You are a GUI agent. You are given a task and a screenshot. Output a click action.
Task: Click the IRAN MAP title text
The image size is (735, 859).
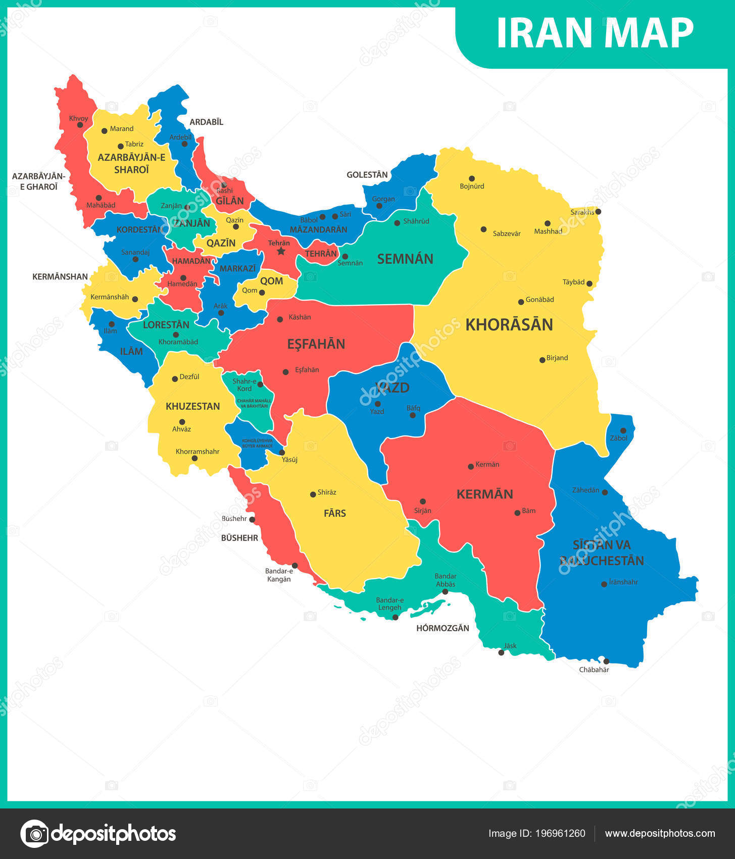595,33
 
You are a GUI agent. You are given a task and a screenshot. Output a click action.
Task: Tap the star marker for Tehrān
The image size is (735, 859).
281,251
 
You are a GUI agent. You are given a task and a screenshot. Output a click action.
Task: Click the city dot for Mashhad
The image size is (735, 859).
548,223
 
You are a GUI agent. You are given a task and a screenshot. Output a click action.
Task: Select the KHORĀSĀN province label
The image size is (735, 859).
509,325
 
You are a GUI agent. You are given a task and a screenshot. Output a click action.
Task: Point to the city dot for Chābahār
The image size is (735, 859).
606,661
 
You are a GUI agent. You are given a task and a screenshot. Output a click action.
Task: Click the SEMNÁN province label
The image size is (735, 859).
405,259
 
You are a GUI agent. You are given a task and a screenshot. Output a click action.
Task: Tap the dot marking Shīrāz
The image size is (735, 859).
313,494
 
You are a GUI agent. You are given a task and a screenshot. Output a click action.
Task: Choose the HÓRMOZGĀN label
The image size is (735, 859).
443,628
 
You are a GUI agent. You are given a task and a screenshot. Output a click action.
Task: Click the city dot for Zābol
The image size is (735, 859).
623,431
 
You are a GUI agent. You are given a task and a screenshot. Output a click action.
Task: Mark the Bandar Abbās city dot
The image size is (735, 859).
445,592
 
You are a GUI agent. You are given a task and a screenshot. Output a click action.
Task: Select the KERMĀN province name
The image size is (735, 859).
484,494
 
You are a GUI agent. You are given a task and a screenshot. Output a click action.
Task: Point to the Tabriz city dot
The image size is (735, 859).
121,147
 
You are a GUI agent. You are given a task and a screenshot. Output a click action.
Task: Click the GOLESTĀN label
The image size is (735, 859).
367,175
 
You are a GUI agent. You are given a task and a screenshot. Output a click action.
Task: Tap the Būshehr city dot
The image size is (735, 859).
252,519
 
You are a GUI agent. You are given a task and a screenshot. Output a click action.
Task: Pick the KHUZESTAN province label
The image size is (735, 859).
192,406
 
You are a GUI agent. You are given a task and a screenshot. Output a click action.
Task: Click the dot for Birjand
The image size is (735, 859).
542,360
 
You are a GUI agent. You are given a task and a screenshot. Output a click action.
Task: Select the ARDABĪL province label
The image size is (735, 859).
206,122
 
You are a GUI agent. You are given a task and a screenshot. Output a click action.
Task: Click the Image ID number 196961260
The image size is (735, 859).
561,833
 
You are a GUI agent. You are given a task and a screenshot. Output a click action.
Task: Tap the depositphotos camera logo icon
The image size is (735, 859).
34,833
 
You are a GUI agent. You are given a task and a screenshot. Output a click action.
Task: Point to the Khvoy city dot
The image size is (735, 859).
80,125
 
